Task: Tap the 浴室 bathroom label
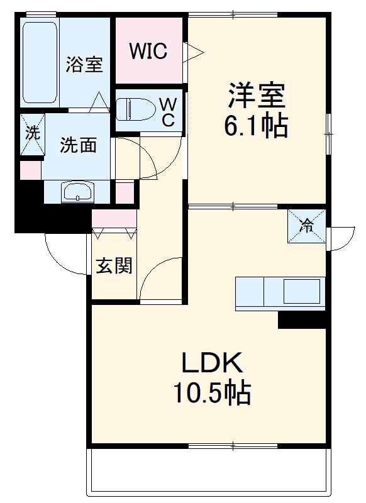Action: (x=84, y=65)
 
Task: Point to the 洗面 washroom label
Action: (x=78, y=145)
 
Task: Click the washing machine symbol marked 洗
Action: (x=31, y=133)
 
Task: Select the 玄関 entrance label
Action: (x=114, y=265)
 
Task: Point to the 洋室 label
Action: (x=257, y=96)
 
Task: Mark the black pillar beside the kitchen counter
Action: (x=302, y=319)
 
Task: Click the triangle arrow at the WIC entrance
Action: (x=192, y=50)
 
